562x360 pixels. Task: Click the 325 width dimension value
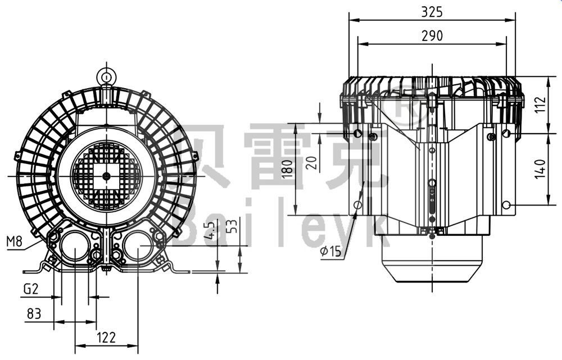(432, 11)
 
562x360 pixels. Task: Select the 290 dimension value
(432, 35)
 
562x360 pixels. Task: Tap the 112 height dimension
(540, 104)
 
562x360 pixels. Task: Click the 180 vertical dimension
(287, 169)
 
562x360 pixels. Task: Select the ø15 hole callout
(331, 251)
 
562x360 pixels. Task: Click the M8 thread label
(15, 242)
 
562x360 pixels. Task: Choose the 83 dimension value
(34, 313)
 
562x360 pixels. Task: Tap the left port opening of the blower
(74, 247)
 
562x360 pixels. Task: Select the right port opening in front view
(137, 247)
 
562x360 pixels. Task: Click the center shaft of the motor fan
(106, 176)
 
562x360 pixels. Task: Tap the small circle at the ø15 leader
(358, 206)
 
